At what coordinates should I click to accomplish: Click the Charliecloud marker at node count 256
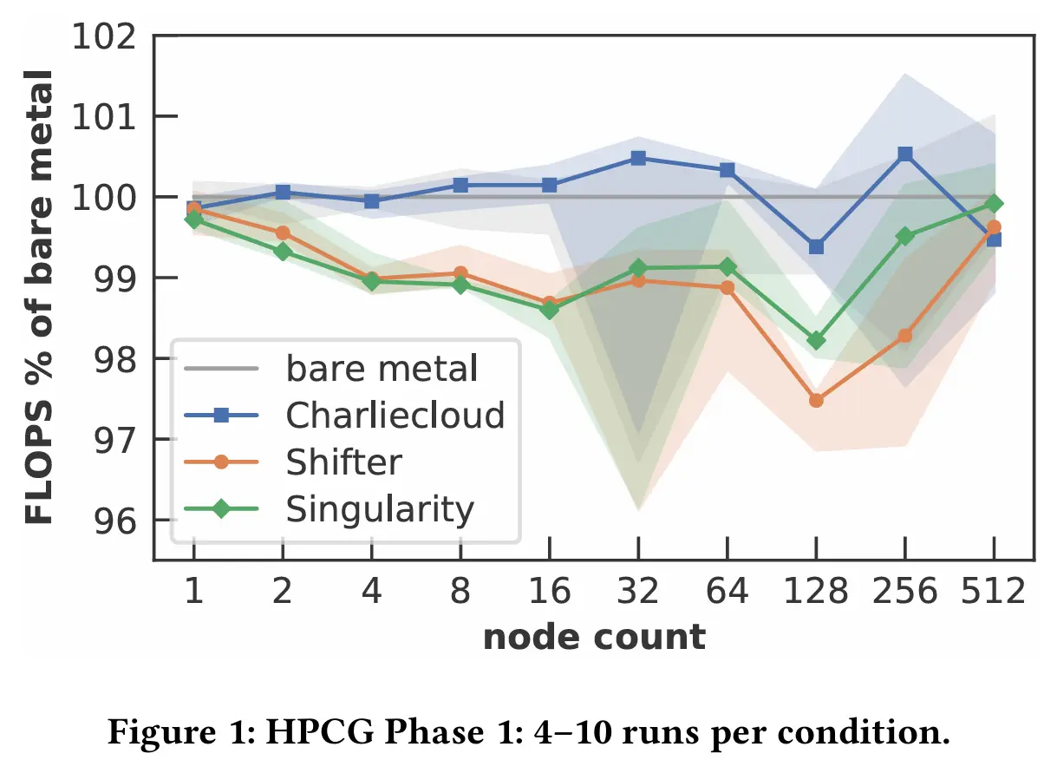(x=904, y=154)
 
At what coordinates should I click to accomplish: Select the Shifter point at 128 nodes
(x=815, y=400)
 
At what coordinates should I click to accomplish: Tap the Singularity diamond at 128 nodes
(x=815, y=341)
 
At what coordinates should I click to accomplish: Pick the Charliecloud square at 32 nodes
(x=638, y=158)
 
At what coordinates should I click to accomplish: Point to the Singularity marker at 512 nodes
(x=994, y=204)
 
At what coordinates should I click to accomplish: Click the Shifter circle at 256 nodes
(x=904, y=336)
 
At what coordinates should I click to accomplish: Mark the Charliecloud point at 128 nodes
(x=815, y=247)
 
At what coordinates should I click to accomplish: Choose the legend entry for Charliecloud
(x=395, y=416)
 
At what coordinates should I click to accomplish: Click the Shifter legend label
(x=343, y=462)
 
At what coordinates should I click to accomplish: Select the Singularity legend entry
(x=380, y=509)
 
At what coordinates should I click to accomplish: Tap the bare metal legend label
(x=382, y=370)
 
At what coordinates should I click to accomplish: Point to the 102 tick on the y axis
(x=104, y=36)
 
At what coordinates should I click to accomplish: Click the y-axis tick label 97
(x=115, y=440)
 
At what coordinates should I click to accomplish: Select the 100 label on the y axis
(x=104, y=198)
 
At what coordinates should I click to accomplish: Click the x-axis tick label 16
(x=549, y=592)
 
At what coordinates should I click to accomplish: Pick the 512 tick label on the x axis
(x=994, y=592)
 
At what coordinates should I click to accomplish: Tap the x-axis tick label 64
(x=727, y=592)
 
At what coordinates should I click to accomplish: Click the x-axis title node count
(x=594, y=638)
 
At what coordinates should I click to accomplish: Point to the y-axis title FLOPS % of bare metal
(x=38, y=295)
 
